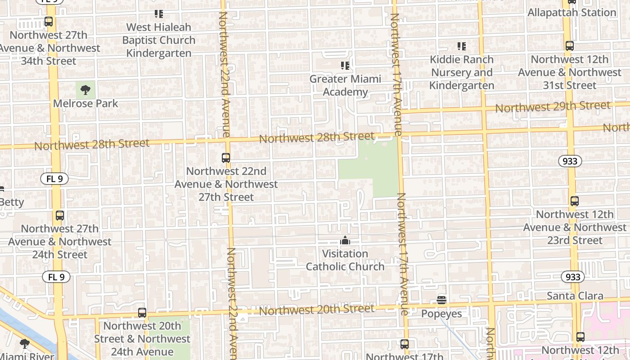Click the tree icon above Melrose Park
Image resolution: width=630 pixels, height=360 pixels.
pyautogui.click(x=85, y=90)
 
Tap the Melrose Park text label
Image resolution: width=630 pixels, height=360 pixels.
pyautogui.click(x=85, y=103)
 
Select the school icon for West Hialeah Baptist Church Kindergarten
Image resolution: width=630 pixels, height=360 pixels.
pyautogui.click(x=158, y=14)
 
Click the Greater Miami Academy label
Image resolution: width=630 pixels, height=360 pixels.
pyautogui.click(x=345, y=85)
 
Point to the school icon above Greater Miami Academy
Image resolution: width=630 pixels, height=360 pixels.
pyautogui.click(x=345, y=66)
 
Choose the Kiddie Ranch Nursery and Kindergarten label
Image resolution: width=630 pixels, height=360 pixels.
pyautogui.click(x=462, y=72)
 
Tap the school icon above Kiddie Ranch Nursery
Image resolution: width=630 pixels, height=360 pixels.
pyautogui.click(x=461, y=46)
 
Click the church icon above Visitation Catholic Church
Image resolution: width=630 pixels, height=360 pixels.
pyautogui.click(x=345, y=240)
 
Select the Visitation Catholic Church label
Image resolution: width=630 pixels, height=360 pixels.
pyautogui.click(x=345, y=260)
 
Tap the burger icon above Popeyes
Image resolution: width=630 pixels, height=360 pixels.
pyautogui.click(x=441, y=300)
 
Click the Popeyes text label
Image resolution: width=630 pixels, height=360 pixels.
pyautogui.click(x=441, y=314)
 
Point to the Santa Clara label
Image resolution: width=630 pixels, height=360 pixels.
pyautogui.click(x=575, y=296)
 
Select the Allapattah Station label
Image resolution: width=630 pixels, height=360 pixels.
pyautogui.click(x=571, y=13)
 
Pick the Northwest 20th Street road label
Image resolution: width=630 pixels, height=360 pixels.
pyautogui.click(x=316, y=310)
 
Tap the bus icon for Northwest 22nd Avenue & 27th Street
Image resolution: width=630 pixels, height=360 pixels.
pyautogui.click(x=226, y=158)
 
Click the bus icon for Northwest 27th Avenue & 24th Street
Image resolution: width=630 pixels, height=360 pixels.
pyautogui.click(x=60, y=216)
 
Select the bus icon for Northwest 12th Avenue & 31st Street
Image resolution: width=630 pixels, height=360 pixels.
pyautogui.click(x=570, y=46)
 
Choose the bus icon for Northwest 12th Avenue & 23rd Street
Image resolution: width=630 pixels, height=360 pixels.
pyautogui.click(x=575, y=201)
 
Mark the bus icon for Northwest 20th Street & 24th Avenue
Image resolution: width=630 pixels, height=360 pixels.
pyautogui.click(x=142, y=312)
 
